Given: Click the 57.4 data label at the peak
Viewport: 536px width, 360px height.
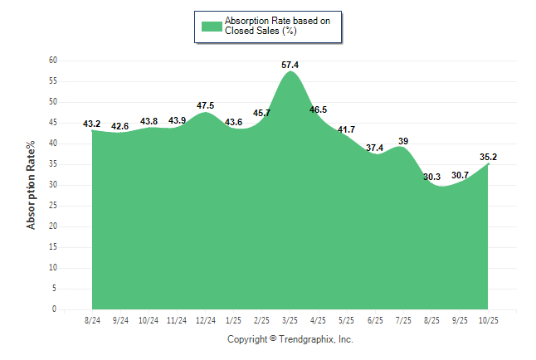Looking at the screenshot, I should point(290,64).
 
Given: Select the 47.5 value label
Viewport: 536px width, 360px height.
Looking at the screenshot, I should point(206,105).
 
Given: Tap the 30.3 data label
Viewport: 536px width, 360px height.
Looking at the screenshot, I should point(431,177).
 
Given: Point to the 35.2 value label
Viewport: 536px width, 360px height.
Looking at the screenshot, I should point(488,156).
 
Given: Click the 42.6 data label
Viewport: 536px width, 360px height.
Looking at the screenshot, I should point(119,126).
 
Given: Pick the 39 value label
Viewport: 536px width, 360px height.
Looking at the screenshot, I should point(403,141).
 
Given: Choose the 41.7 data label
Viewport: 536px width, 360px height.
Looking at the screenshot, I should point(347,129).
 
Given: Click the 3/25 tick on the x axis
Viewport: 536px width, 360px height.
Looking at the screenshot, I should point(290,319).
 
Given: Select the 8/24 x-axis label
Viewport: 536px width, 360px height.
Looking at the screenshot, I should point(92,319).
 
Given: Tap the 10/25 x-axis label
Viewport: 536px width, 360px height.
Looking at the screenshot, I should point(488,319).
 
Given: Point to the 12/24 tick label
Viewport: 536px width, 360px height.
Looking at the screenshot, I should point(205,319).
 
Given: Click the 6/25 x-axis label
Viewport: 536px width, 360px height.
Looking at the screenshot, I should point(375,319).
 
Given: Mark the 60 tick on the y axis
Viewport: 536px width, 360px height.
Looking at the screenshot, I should point(52,61).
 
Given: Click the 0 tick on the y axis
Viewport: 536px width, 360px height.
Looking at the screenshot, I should point(54,309).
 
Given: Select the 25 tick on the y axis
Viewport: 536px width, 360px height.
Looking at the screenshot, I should point(52,206).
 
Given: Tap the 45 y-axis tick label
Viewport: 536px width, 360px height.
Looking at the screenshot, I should point(52,123).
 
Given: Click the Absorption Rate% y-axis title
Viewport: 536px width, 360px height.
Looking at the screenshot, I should point(32,184).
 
